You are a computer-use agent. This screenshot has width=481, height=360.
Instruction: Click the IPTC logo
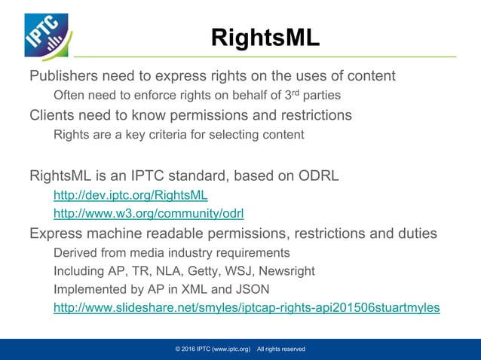46,36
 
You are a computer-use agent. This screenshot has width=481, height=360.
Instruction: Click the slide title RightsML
265,38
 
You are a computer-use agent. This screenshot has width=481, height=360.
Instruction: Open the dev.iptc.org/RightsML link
130,195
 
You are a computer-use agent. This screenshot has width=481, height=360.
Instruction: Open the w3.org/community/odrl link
149,213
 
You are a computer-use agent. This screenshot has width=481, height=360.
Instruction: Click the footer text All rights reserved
280,349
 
